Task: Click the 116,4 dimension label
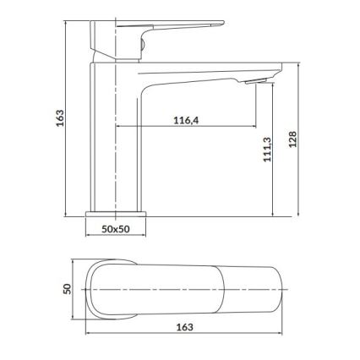pyautogui.click(x=185, y=121)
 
